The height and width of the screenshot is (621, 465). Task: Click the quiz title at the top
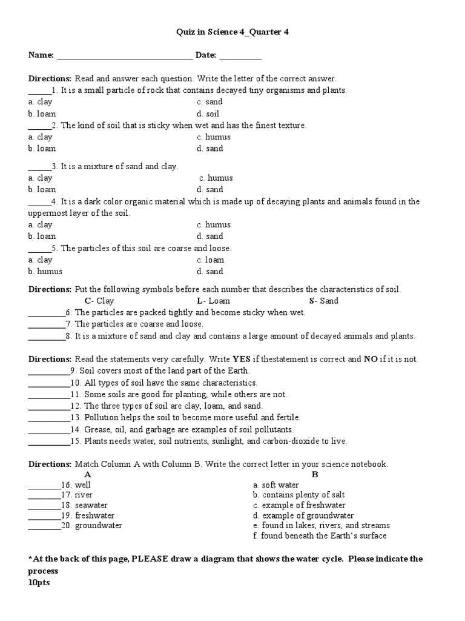[232, 32]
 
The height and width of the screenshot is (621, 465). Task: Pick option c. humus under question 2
[214, 137]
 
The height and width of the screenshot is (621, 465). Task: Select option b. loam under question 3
[42, 189]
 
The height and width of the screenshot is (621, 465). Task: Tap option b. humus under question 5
[45, 271]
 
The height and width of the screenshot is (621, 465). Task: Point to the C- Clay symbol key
[99, 301]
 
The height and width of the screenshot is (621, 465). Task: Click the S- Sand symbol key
[324, 301]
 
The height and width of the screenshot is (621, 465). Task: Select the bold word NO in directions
[371, 359]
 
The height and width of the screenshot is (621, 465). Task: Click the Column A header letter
[88, 474]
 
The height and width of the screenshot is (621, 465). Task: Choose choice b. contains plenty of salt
[299, 495]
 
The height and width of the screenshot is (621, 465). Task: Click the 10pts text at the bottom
[39, 582]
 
